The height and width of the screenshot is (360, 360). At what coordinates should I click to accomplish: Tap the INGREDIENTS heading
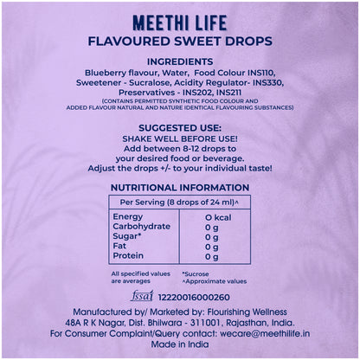pyautogui.click(x=180, y=61)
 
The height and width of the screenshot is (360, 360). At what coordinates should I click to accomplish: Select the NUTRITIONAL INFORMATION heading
pyautogui.click(x=180, y=187)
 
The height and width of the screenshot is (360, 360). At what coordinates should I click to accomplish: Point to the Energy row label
pyautogui.click(x=127, y=216)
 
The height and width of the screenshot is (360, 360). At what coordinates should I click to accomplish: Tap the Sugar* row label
pyautogui.click(x=128, y=237)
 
